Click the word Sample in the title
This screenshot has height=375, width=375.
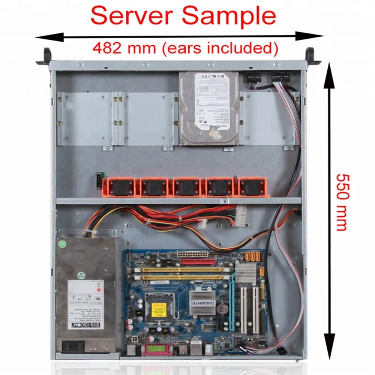229,16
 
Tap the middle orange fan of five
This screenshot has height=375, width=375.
186,187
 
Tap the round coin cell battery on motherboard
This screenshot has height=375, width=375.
223,309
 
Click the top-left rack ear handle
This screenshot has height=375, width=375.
46,57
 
